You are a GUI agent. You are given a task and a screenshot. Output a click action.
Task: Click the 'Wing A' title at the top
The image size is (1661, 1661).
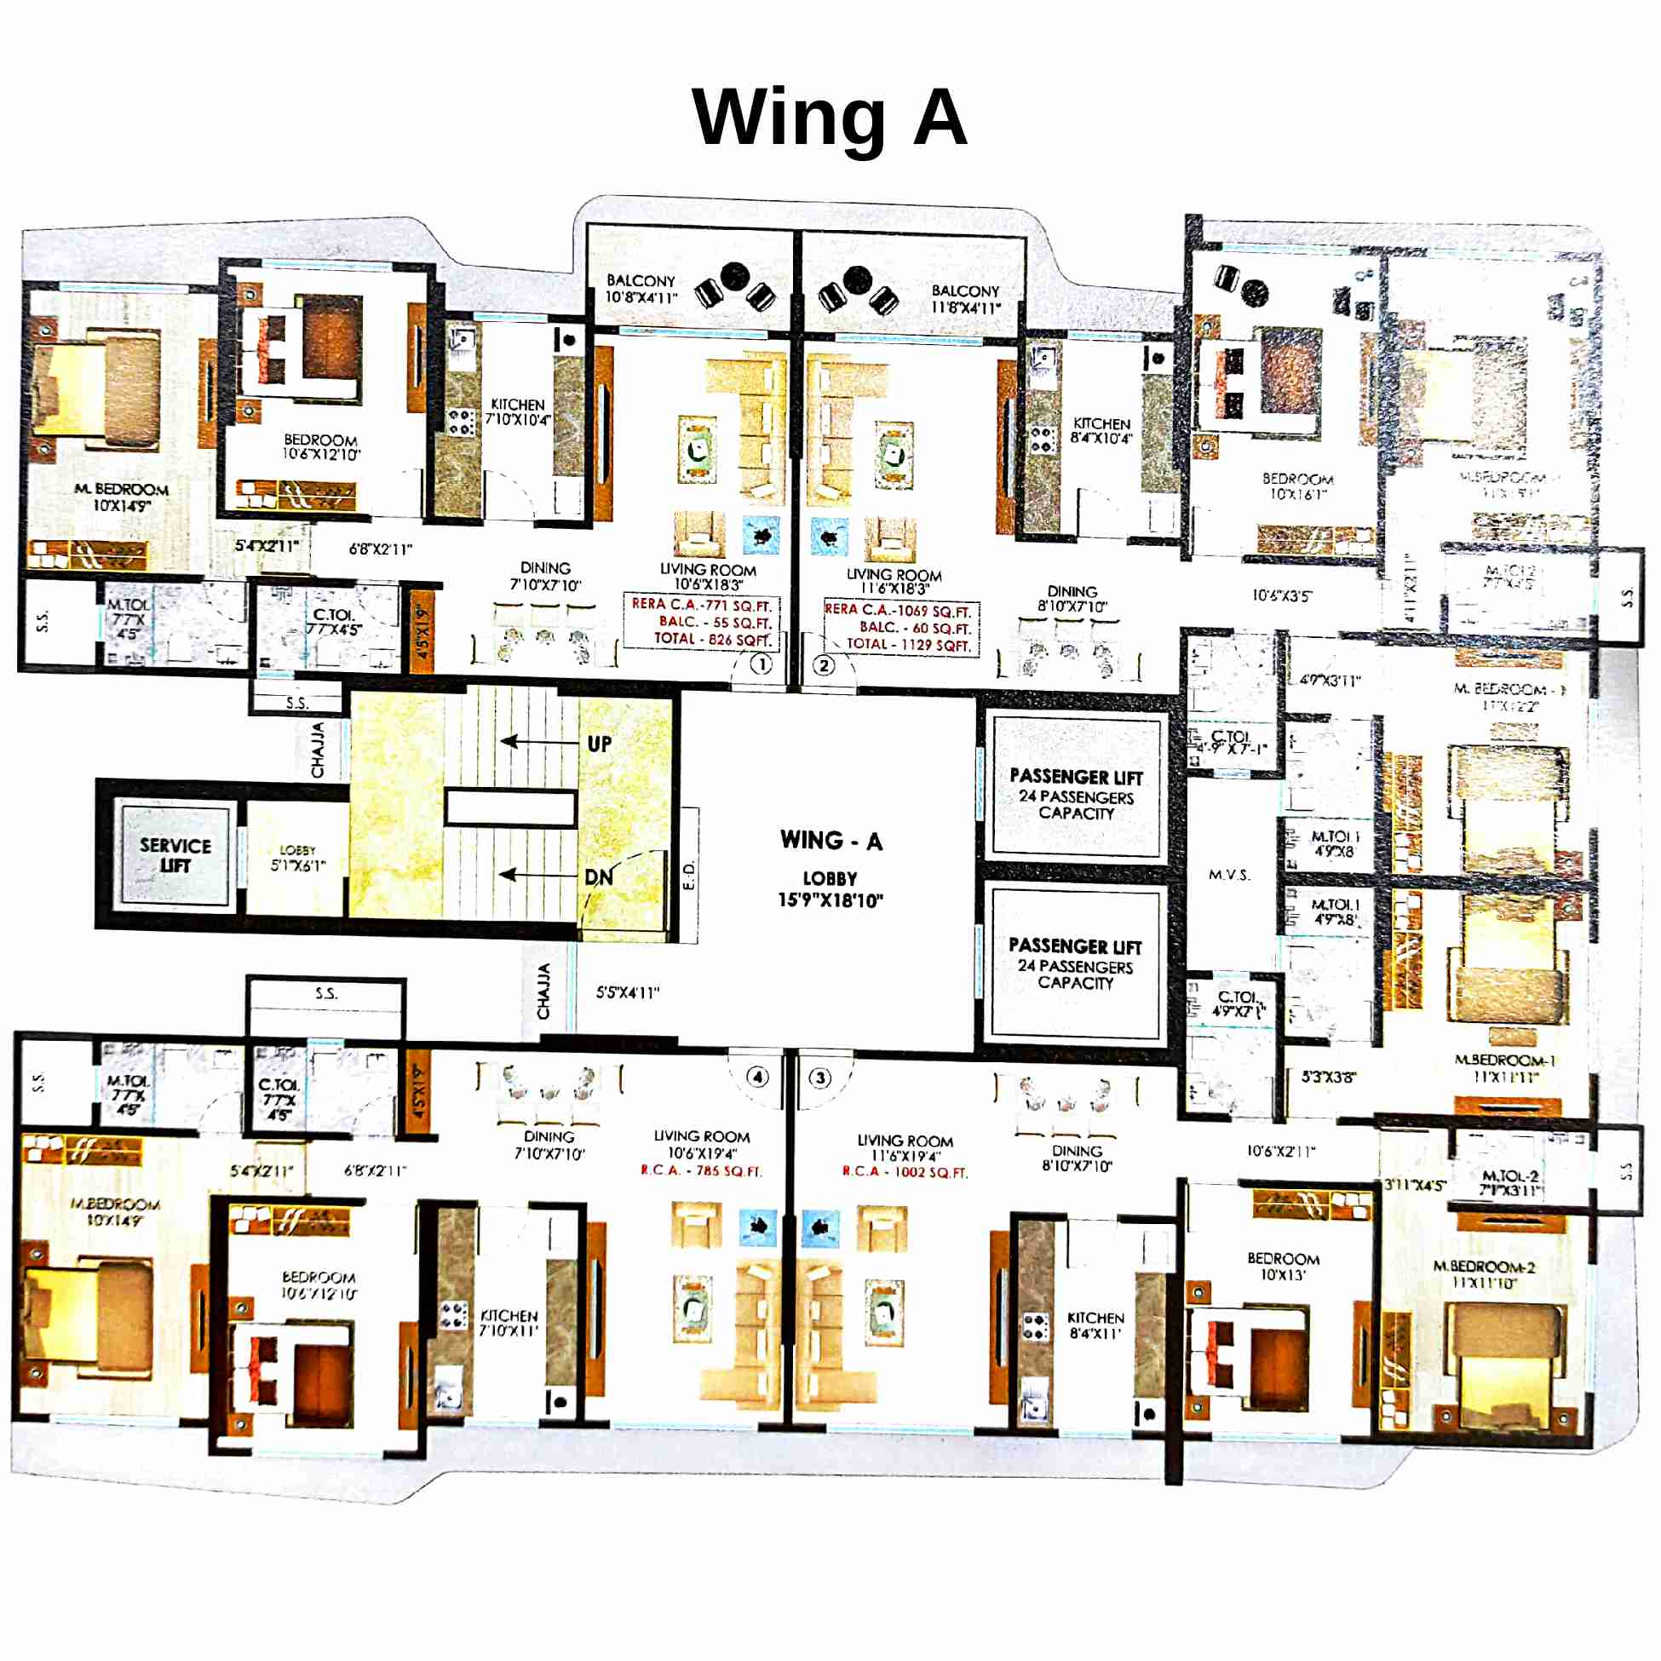click(x=830, y=118)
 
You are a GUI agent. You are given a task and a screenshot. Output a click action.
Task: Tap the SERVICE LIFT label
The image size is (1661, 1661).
click(x=175, y=855)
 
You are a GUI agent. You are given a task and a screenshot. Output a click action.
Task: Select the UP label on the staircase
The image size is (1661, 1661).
click(x=599, y=744)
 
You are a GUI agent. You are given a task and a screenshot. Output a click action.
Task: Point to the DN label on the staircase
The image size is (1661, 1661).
click(x=598, y=877)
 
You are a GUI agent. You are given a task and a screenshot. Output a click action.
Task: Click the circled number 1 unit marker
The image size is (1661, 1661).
click(x=761, y=664)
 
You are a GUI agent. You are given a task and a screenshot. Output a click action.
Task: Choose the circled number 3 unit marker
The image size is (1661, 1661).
click(x=820, y=1078)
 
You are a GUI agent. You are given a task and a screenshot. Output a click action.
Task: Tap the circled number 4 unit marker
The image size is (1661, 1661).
click(x=757, y=1077)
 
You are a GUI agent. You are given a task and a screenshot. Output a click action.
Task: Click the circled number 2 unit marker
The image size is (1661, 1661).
click(x=824, y=664)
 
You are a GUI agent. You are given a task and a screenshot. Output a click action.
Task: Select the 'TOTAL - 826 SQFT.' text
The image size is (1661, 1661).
click(x=713, y=639)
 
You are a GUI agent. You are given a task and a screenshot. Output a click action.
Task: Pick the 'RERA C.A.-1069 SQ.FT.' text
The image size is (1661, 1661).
click(x=899, y=611)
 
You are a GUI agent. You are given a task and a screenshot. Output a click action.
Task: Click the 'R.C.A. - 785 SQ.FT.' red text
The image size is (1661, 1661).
click(x=702, y=1171)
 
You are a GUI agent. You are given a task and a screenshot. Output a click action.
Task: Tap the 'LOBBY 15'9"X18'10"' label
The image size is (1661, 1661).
click(x=830, y=889)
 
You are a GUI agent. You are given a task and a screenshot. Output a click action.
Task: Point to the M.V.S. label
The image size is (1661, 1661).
click(x=1229, y=875)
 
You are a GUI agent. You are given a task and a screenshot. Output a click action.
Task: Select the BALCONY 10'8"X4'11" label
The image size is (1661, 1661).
click(x=641, y=289)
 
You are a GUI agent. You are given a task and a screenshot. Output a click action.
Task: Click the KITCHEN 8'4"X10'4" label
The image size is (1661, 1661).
click(x=1101, y=431)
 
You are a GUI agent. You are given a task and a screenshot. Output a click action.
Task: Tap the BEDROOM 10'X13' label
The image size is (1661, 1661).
click(x=1283, y=1267)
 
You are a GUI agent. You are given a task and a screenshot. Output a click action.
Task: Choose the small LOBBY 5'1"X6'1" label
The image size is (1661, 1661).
click(x=297, y=858)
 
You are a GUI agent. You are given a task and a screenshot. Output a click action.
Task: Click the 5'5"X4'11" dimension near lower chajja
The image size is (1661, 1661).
click(x=628, y=992)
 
